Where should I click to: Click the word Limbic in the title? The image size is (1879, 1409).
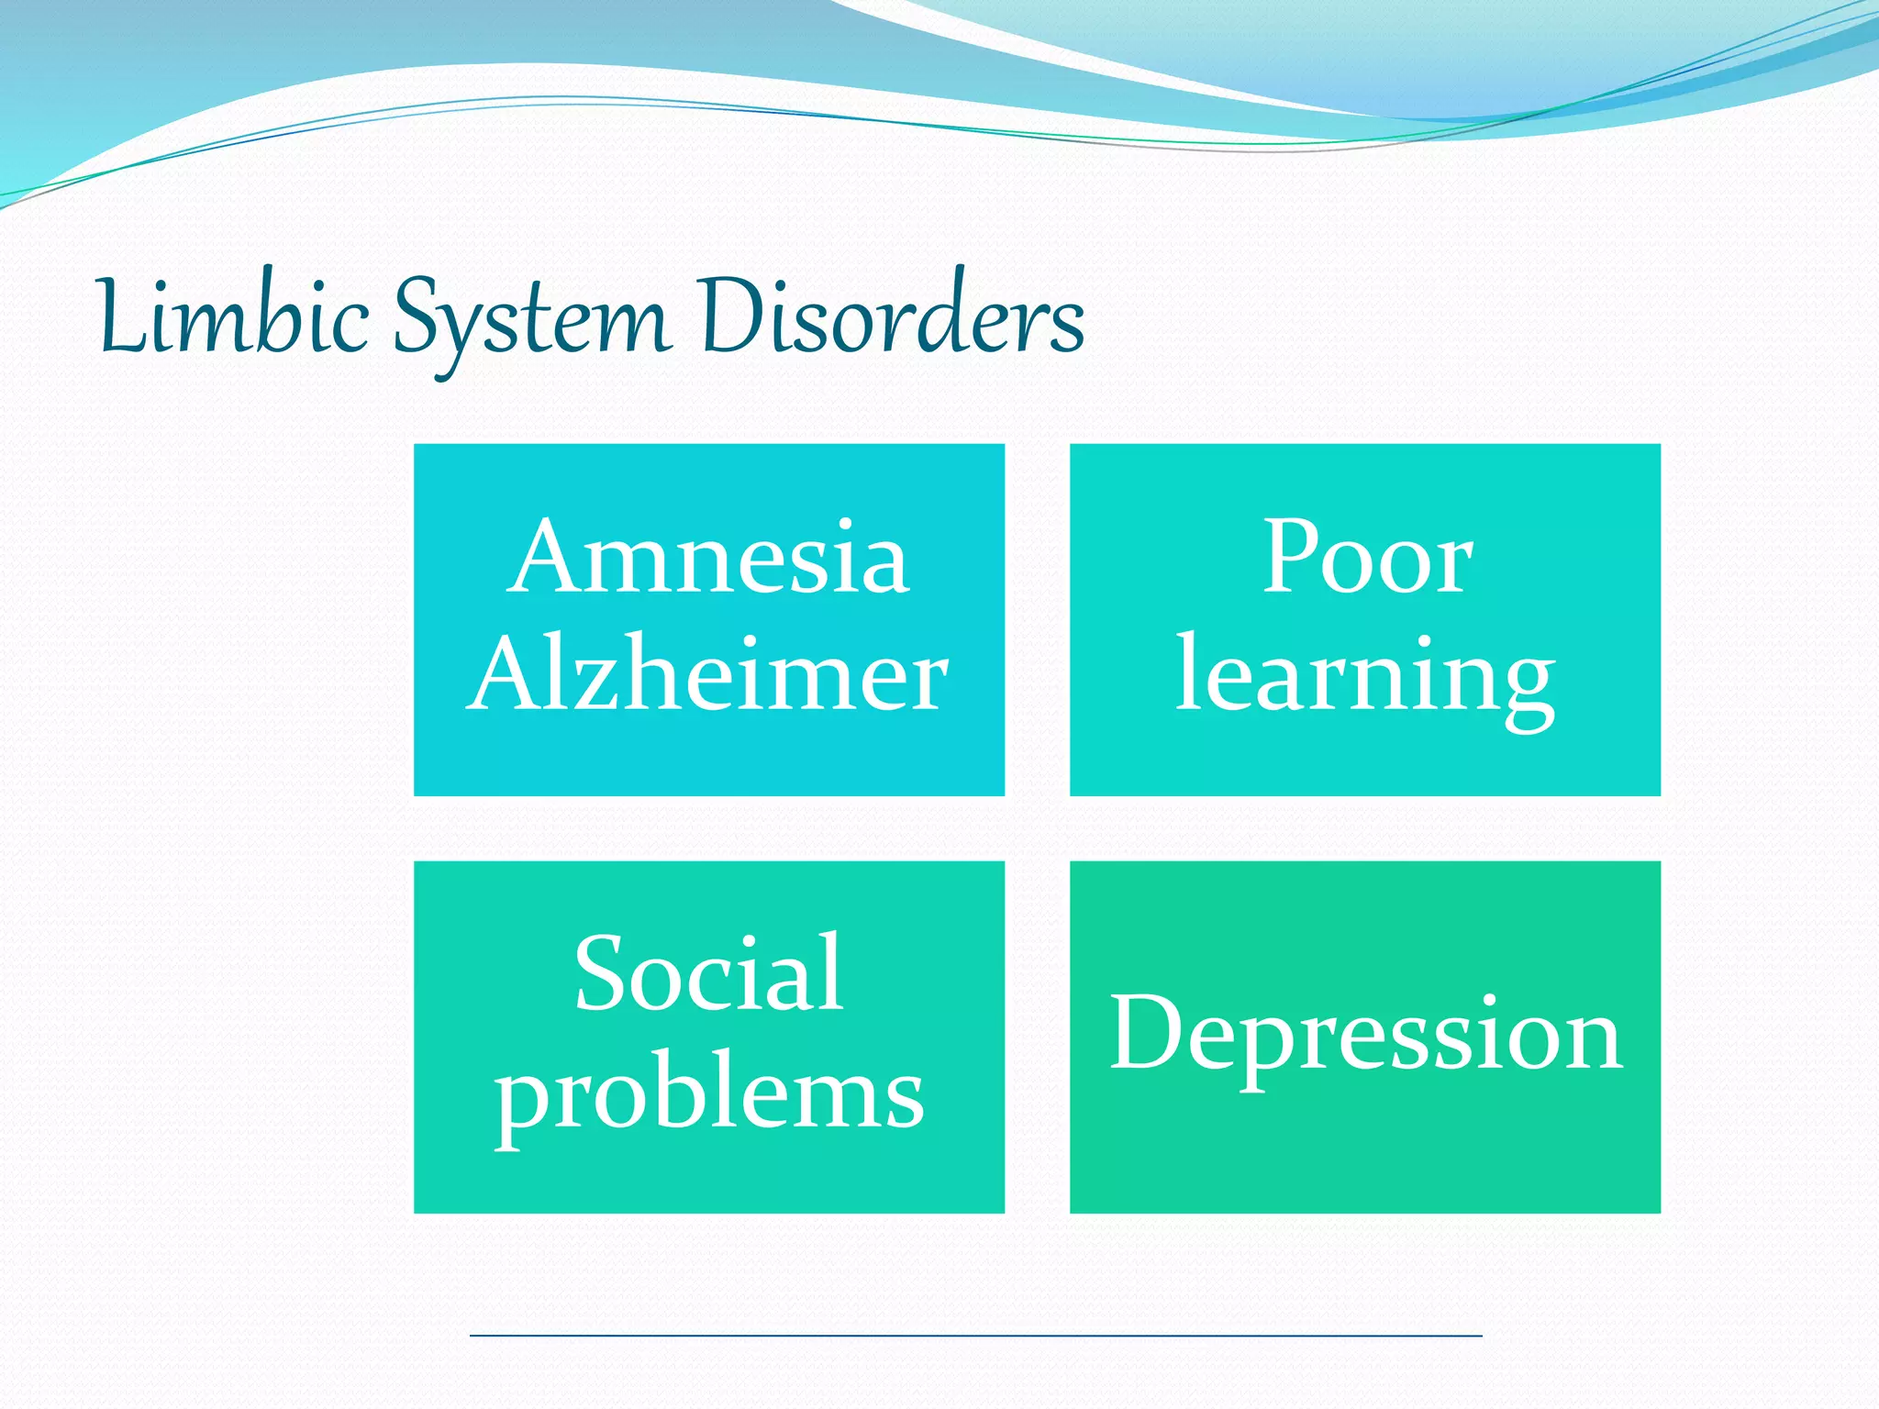tap(233, 316)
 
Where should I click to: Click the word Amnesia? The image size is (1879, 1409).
tap(708, 557)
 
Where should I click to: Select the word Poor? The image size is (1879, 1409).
tap(1366, 557)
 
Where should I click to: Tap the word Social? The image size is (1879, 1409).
tap(708, 973)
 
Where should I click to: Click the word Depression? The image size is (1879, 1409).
tap(1365, 1034)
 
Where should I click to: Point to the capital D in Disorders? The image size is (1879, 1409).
tap(729, 316)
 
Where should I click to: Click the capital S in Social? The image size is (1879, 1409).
tap(601, 973)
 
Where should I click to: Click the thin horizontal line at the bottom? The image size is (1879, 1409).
tap(975, 1336)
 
